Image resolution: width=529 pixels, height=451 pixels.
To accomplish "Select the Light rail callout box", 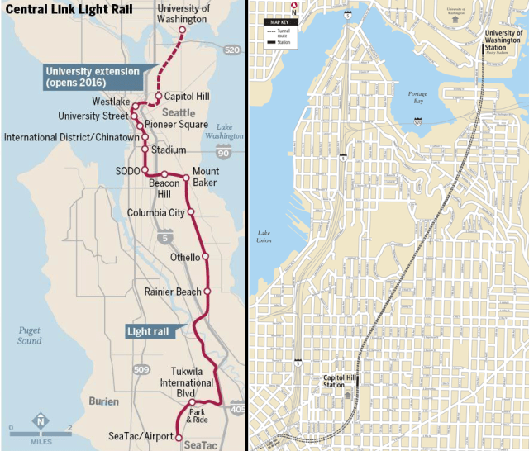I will point(150,331).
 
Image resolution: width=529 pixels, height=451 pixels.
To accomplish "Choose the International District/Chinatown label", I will point(71,136).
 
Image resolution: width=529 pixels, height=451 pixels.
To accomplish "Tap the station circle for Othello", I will point(206,257).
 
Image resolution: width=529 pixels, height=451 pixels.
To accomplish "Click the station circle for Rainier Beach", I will point(207,292).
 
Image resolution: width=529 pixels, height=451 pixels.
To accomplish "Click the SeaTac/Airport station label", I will point(140,435).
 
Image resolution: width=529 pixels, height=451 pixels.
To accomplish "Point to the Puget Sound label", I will point(30,335).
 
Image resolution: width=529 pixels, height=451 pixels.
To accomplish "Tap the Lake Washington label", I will point(224,131).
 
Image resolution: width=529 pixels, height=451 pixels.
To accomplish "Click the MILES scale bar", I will point(41,433).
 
